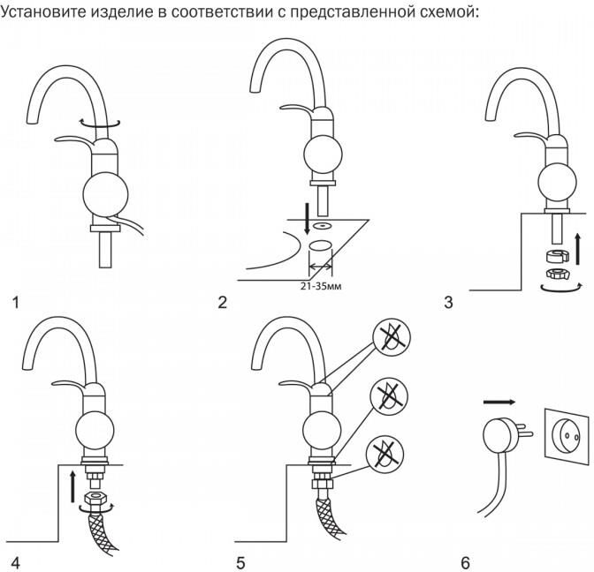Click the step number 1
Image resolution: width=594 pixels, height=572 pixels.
click(14, 303)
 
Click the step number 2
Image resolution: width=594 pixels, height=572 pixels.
click(222, 303)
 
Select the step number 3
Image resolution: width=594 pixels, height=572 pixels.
click(448, 303)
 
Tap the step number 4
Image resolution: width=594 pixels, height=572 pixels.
click(14, 562)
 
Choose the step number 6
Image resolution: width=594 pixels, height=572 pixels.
click(466, 562)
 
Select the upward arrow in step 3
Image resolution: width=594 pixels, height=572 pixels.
click(576, 249)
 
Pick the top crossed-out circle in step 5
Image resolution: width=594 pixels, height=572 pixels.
click(387, 336)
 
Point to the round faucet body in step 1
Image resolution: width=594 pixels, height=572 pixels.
click(104, 194)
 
